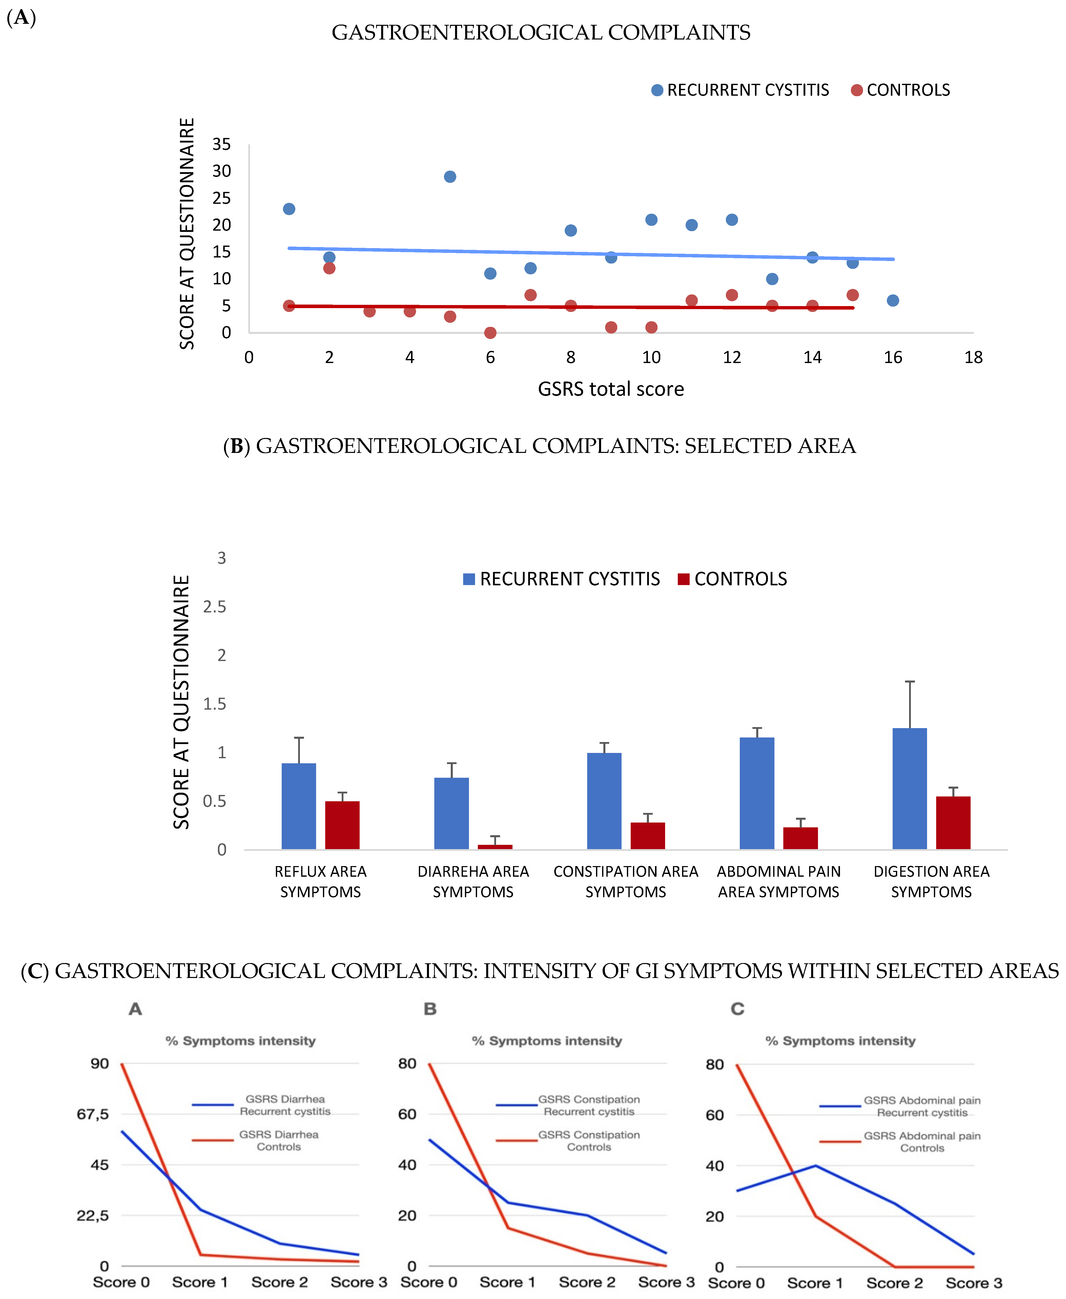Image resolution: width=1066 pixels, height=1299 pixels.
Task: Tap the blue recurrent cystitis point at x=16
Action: click(x=893, y=300)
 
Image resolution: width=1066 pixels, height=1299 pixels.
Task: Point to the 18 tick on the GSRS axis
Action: click(x=973, y=357)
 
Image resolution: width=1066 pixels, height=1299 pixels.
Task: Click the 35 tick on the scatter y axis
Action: click(x=222, y=144)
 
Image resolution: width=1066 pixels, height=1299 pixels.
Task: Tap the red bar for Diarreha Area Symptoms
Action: click(x=495, y=847)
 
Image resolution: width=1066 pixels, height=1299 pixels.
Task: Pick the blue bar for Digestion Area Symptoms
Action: click(x=909, y=789)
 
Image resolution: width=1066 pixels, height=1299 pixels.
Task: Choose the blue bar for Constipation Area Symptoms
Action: click(x=604, y=801)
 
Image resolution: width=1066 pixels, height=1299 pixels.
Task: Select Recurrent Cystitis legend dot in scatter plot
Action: click(x=657, y=90)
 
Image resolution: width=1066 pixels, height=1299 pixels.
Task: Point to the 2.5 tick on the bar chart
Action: click(x=214, y=607)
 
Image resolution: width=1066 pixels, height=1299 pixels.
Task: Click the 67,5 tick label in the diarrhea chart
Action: click(x=93, y=1114)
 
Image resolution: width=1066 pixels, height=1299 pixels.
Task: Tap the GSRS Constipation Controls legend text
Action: click(x=589, y=1141)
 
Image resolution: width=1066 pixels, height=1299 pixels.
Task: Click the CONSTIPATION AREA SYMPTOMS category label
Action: click(x=626, y=881)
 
